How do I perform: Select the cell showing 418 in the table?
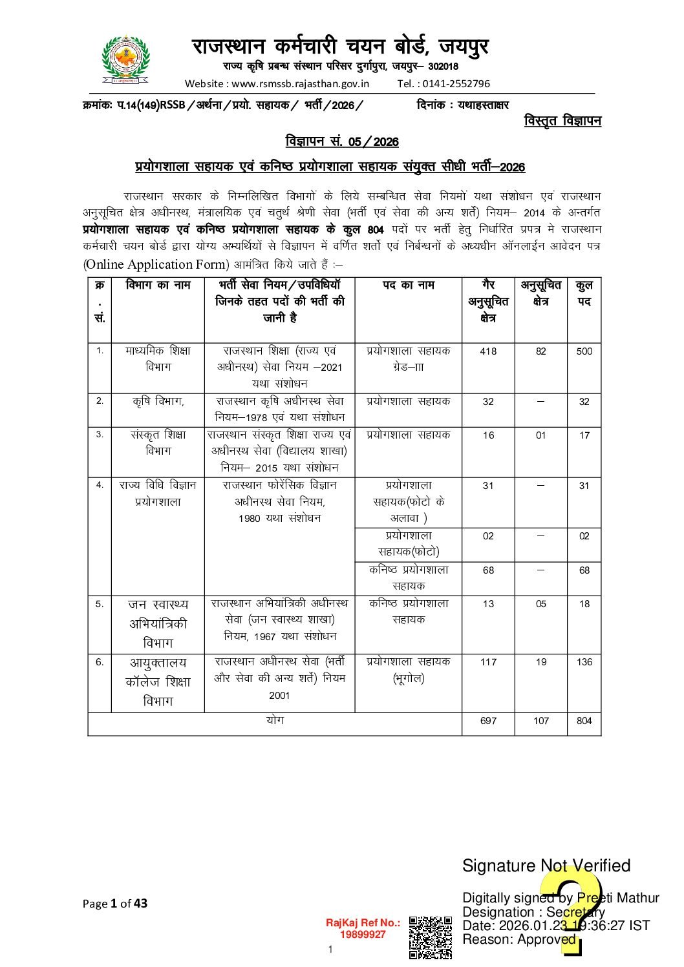488,351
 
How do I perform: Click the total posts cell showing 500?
584,351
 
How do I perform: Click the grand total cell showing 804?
584,722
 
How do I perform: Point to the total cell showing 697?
488,722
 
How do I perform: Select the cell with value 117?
488,662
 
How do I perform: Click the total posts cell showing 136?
584,662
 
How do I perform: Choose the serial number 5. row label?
100,605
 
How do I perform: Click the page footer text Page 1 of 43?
115,904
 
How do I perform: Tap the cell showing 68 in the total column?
584,570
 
